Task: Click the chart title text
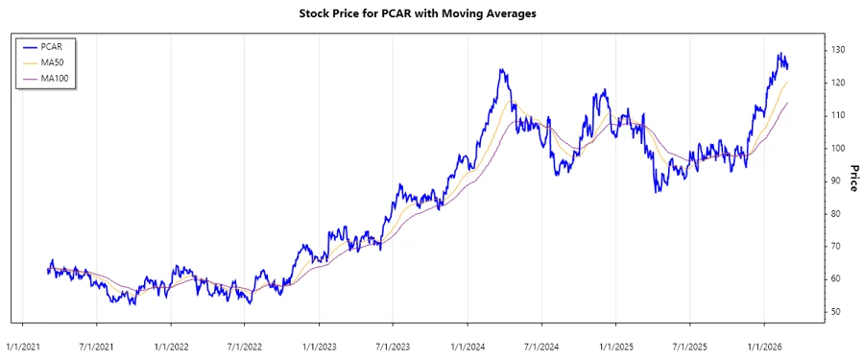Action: point(432,14)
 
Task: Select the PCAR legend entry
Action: point(51,45)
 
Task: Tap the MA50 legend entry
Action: point(51,61)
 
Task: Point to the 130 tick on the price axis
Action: point(837,50)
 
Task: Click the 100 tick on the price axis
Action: point(837,148)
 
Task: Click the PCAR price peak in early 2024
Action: point(502,70)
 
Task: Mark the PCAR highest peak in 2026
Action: point(780,54)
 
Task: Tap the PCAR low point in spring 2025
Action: point(657,192)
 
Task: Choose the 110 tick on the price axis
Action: point(837,115)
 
